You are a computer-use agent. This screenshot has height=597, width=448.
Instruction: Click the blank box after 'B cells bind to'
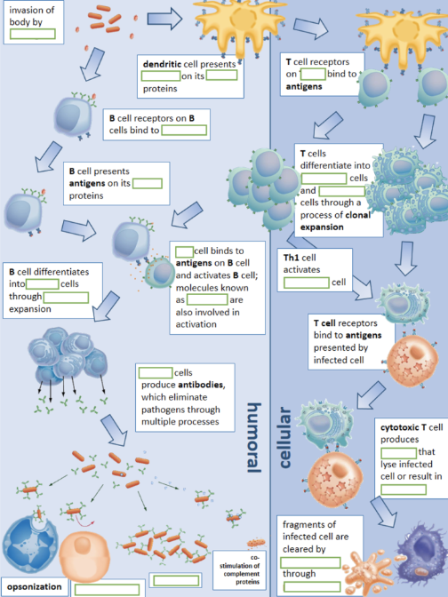[x=183, y=131]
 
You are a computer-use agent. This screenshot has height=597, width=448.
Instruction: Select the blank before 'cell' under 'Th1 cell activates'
[x=307, y=283]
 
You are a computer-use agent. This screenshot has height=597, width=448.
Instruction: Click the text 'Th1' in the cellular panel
[x=291, y=258]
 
